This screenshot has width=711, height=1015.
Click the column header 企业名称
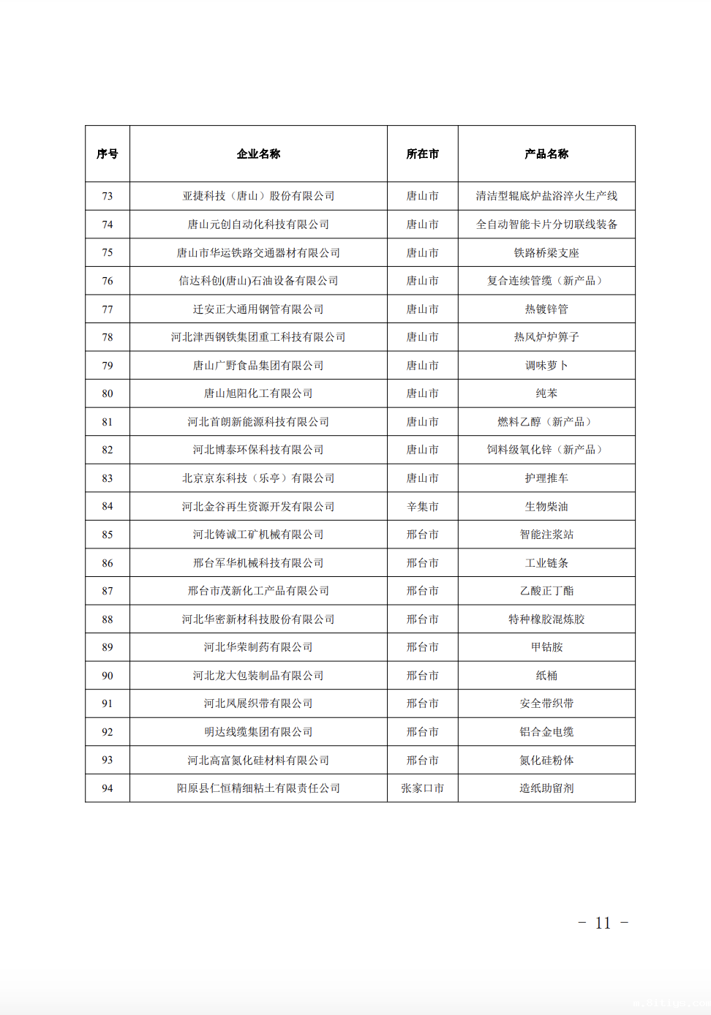(x=258, y=154)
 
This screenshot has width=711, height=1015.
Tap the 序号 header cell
(x=108, y=154)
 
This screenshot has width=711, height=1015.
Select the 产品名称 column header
(x=546, y=154)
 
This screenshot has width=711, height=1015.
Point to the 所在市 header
(x=423, y=154)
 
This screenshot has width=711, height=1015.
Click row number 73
(x=108, y=196)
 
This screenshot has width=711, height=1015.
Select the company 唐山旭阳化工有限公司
(x=258, y=393)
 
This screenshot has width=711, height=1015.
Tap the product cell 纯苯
(x=546, y=393)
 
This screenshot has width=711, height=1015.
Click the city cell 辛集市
(x=423, y=506)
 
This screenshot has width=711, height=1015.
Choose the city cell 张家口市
(x=423, y=788)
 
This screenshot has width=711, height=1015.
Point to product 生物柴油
(x=546, y=506)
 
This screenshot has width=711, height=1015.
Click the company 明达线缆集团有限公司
(x=258, y=732)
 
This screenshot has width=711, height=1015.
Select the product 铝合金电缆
(x=546, y=732)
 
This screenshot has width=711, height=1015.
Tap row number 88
(x=108, y=619)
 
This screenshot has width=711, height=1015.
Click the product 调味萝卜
(x=546, y=366)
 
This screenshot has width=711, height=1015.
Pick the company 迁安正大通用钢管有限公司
(x=258, y=309)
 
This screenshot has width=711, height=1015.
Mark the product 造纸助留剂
(x=546, y=788)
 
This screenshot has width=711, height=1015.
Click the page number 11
(x=603, y=923)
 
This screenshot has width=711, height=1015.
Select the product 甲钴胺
(x=546, y=647)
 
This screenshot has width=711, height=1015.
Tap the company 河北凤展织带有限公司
(x=258, y=703)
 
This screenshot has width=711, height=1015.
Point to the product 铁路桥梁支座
(x=546, y=253)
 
